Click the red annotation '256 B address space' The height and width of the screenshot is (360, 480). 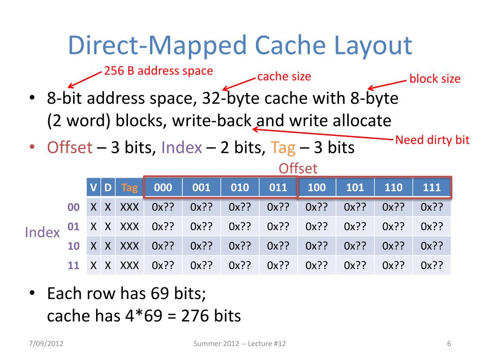pyautogui.click(x=158, y=71)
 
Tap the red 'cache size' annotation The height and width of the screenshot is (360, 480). pyautogui.click(x=284, y=76)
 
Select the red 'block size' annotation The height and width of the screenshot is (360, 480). pyautogui.click(x=435, y=78)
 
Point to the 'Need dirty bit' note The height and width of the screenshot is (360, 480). pyautogui.click(x=432, y=140)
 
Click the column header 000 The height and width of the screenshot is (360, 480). pyautogui.click(x=163, y=188)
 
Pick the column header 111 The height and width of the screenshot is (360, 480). pyautogui.click(x=432, y=188)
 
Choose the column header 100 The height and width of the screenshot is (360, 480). pyautogui.click(x=317, y=188)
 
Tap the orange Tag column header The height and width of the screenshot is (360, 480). pyautogui.click(x=129, y=188)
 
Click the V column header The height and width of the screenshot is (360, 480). pyautogui.click(x=94, y=188)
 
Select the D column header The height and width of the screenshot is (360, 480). pyautogui.click(x=107, y=188)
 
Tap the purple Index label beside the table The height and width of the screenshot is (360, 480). pyautogui.click(x=42, y=232)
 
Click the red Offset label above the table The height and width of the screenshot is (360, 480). pyautogui.click(x=298, y=168)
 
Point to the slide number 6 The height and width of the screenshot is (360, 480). pyautogui.click(x=449, y=345)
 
